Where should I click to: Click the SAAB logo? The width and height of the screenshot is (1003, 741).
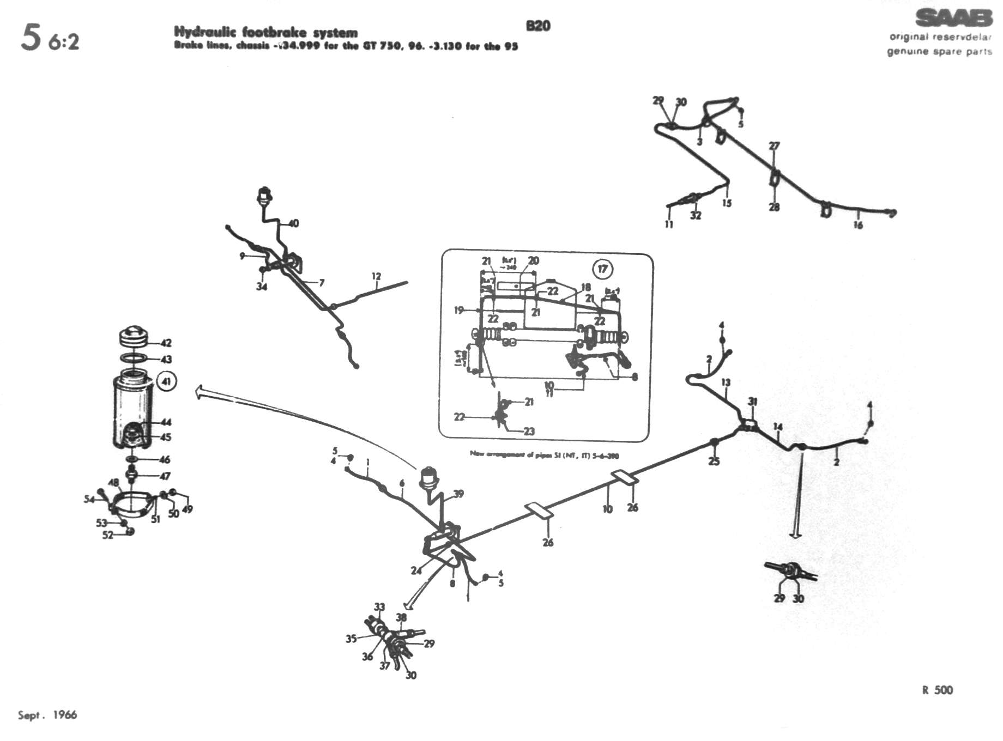pyautogui.click(x=953, y=19)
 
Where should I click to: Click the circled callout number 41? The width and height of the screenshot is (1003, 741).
pyautogui.click(x=166, y=381)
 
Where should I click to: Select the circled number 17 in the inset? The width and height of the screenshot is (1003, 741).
pyautogui.click(x=602, y=269)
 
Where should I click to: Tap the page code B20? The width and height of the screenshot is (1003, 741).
pyautogui.click(x=538, y=26)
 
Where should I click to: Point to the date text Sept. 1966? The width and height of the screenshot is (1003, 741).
pyautogui.click(x=47, y=715)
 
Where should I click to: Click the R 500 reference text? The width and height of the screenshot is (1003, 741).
pyautogui.click(x=938, y=690)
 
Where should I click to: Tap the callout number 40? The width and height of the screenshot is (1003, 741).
pyautogui.click(x=293, y=223)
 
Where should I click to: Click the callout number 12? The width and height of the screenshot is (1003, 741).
pyautogui.click(x=376, y=277)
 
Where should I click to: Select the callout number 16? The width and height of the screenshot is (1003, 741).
pyautogui.click(x=858, y=225)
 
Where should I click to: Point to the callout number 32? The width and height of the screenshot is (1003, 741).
pyautogui.click(x=696, y=216)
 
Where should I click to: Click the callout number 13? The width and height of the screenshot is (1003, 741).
pyautogui.click(x=726, y=382)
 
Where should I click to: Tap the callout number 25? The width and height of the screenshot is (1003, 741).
pyautogui.click(x=714, y=461)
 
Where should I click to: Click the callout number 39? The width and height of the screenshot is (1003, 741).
pyautogui.click(x=458, y=494)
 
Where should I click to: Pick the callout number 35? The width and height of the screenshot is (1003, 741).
pyautogui.click(x=351, y=639)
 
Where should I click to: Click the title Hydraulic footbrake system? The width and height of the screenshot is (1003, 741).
pyautogui.click(x=266, y=33)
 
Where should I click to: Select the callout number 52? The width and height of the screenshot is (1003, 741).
pyautogui.click(x=107, y=535)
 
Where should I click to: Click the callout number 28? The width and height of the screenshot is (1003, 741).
pyautogui.click(x=774, y=207)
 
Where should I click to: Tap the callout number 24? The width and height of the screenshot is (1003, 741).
pyautogui.click(x=416, y=570)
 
